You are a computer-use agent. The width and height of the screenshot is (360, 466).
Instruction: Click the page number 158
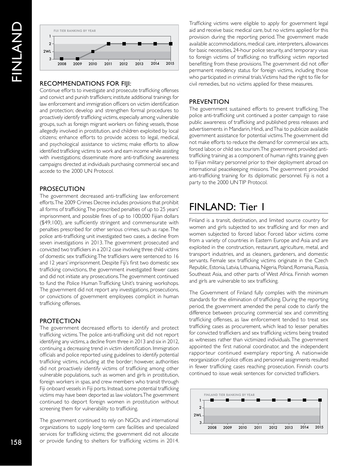click(x=16, y=442)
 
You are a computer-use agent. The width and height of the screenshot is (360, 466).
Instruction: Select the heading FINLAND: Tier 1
click(x=227, y=207)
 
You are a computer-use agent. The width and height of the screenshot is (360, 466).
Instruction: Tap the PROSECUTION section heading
click(x=62, y=189)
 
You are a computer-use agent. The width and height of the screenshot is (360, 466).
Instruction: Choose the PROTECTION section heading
click(x=60, y=321)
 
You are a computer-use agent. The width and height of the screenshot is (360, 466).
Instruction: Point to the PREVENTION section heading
click(x=209, y=102)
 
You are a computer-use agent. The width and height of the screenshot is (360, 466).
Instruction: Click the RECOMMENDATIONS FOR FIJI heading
click(x=86, y=83)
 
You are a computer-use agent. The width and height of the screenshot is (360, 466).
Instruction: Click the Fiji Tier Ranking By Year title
click(x=75, y=31)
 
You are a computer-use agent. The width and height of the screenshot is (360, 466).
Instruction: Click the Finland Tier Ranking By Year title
click(x=229, y=395)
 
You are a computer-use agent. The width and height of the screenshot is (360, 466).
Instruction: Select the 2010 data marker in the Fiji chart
click(x=93, y=52)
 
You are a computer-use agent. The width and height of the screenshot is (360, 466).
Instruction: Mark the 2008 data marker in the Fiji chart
click(x=62, y=59)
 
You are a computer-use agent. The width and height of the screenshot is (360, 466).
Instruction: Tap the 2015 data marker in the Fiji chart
click(x=171, y=44)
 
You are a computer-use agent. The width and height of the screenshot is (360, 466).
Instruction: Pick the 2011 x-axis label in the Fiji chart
click(x=108, y=64)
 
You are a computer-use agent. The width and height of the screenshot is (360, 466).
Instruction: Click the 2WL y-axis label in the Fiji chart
click(x=47, y=52)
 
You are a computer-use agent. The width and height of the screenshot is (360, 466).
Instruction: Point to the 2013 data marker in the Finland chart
click(x=289, y=400)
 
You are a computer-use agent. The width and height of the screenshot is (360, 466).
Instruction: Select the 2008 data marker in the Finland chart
click(x=212, y=400)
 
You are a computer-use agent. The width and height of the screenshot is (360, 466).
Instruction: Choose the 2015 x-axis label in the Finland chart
click(x=319, y=427)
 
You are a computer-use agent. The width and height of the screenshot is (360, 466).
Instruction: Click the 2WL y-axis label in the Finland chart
click(x=197, y=415)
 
